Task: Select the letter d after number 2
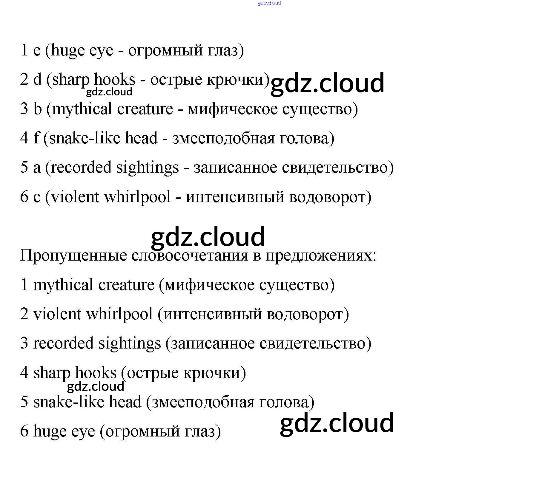click(37, 79)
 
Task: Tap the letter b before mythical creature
click(38, 109)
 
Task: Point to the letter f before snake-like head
click(36, 138)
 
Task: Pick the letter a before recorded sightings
click(37, 168)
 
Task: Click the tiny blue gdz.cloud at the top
click(269, 3)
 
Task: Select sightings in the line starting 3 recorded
click(130, 343)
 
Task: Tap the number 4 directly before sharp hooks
click(24, 373)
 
